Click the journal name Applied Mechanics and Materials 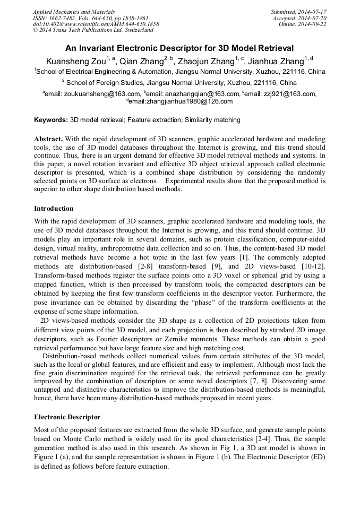click(x=74, y=12)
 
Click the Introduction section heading click(x=54, y=208)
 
